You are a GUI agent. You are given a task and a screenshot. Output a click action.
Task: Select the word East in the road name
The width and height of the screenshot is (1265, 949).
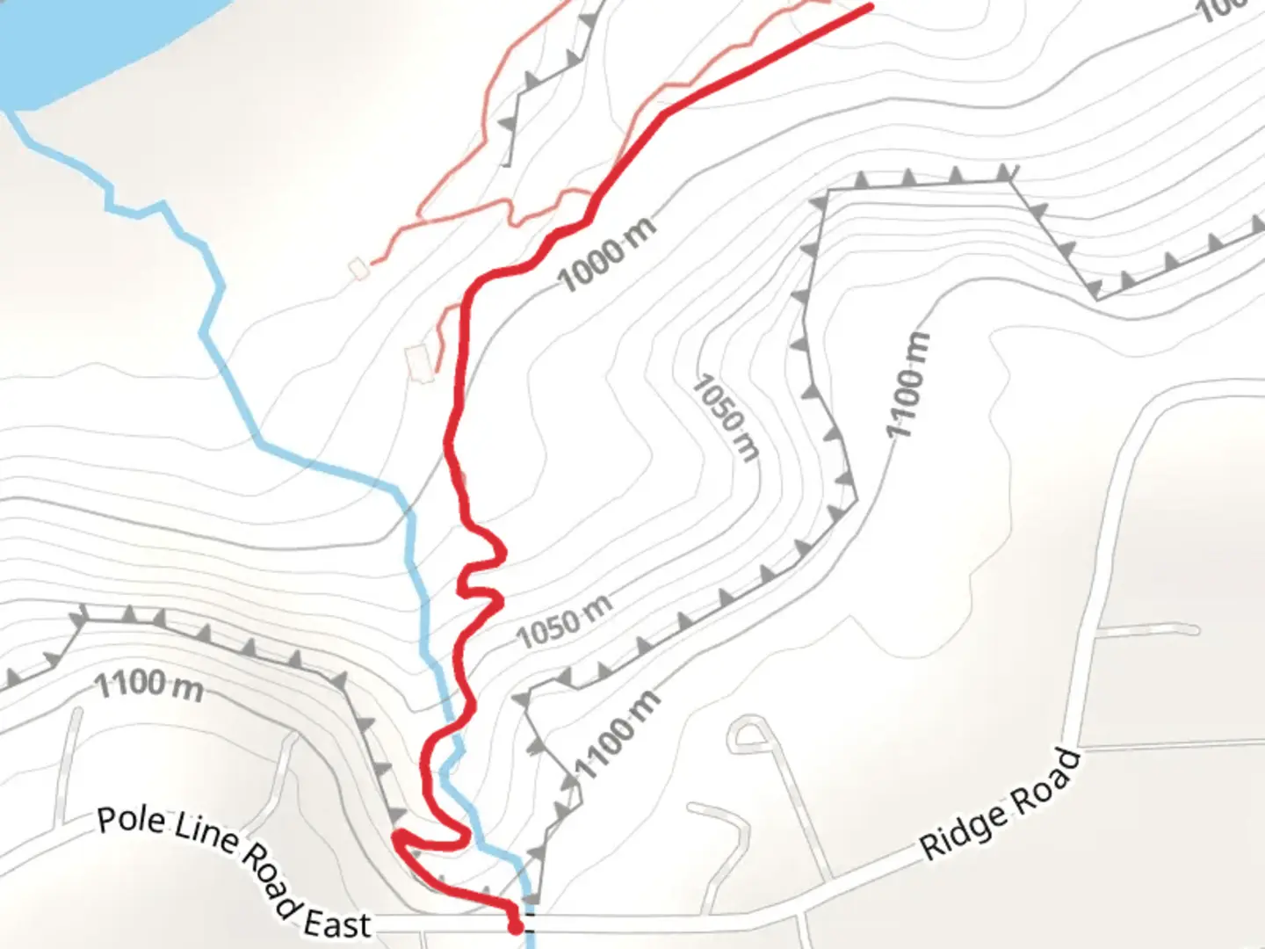tap(337, 924)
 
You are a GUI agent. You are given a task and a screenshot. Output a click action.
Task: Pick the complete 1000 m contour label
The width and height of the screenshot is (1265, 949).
tap(607, 255)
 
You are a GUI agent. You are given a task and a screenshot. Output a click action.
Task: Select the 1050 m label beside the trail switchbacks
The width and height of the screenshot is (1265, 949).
tap(564, 621)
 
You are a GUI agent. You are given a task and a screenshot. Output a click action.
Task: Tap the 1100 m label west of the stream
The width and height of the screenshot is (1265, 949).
tap(148, 685)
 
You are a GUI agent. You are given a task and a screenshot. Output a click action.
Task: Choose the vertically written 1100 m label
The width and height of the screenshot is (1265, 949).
tap(907, 385)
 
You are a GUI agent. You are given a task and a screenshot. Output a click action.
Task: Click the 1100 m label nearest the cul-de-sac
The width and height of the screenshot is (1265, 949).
tap(617, 735)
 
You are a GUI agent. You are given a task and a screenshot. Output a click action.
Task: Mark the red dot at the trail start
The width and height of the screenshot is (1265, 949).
tap(516, 925)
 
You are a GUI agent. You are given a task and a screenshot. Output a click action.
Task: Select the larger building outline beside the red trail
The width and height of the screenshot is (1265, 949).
tap(420, 362)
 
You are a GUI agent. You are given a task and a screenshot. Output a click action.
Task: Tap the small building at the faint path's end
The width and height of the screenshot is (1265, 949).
tap(358, 268)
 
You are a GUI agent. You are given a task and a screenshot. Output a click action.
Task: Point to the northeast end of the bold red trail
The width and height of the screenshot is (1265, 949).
tap(870, 7)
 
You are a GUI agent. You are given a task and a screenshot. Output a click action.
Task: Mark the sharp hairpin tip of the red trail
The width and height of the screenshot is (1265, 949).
tap(397, 834)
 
